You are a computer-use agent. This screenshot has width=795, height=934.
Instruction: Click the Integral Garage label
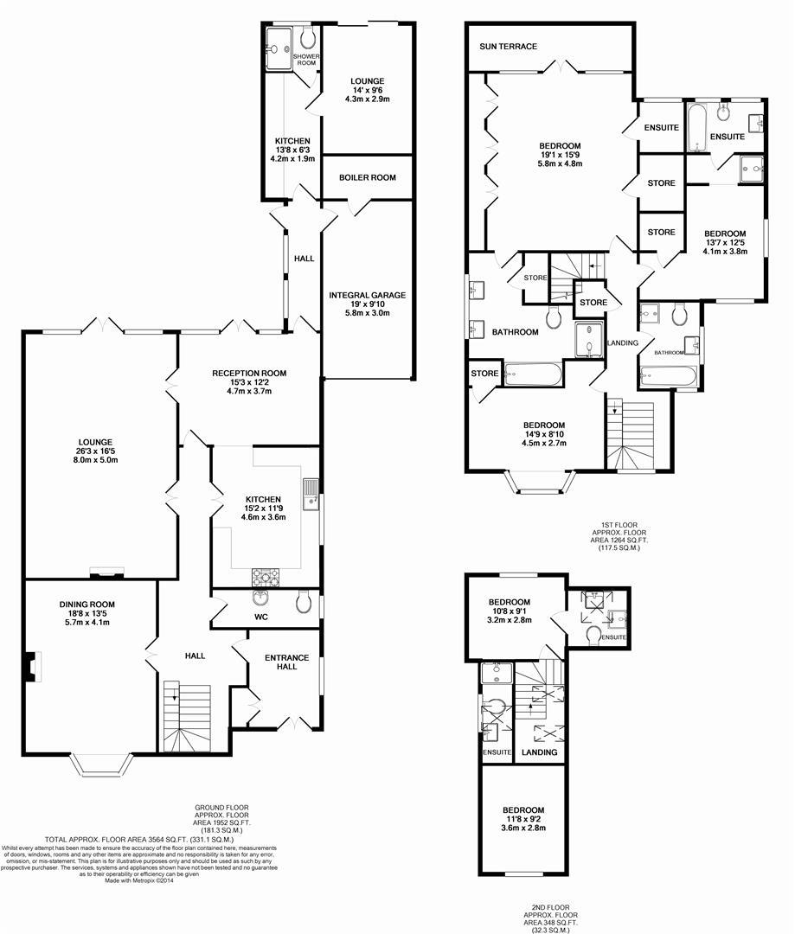pyautogui.click(x=367, y=296)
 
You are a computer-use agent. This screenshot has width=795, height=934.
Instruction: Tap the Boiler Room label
pyautogui.click(x=367, y=177)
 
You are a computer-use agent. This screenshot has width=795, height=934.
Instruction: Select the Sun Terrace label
pyautogui.click(x=510, y=47)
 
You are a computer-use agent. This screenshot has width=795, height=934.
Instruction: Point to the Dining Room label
pyautogui.click(x=87, y=605)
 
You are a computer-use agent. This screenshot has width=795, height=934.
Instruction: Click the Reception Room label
pyautogui.click(x=249, y=374)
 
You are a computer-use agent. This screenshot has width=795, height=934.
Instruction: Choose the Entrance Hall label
pyautogui.click(x=286, y=662)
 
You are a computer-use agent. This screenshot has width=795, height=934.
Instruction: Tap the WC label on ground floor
pyautogui.click(x=262, y=617)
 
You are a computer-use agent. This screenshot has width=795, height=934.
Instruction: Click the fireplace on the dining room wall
pyautogui.click(x=32, y=665)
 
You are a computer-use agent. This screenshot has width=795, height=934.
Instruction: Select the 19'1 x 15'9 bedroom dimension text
pyautogui.click(x=560, y=155)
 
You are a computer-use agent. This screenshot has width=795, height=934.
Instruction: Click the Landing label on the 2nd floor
pyautogui.click(x=540, y=752)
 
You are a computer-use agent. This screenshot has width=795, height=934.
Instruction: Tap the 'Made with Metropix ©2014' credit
pyautogui.click(x=138, y=881)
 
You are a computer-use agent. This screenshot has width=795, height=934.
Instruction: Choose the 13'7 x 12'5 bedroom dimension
pyautogui.click(x=724, y=243)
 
